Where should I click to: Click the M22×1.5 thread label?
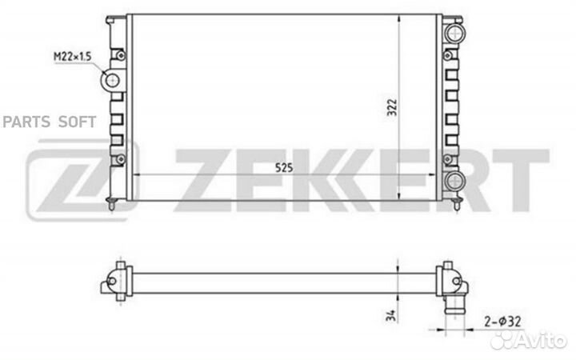click(72, 57)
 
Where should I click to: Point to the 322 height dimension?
click(392, 107)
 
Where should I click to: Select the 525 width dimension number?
click(284, 168)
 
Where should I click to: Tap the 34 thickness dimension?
click(392, 315)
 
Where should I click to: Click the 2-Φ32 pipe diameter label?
click(502, 322)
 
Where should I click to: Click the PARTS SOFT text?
click(50, 122)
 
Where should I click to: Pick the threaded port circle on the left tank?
click(112, 80)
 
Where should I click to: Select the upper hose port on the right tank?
click(454, 34)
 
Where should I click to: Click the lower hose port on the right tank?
click(454, 180)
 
